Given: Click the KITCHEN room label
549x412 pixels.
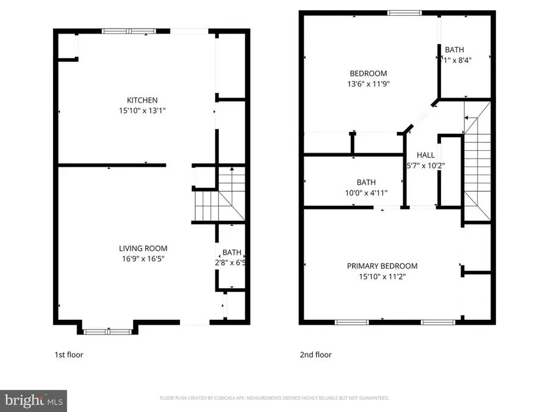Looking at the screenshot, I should click(142, 100).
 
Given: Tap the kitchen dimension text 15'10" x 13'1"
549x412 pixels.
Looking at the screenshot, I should click(142, 110).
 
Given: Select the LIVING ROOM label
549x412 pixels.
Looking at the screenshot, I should click(143, 248).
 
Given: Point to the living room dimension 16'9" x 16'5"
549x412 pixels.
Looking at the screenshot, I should click(143, 258).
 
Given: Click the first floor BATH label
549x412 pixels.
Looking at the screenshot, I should click(232, 252).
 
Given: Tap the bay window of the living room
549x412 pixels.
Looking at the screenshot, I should click(107, 331).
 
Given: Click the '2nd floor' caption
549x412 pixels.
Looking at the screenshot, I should click(315, 355).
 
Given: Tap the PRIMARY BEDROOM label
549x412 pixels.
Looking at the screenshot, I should click(382, 266).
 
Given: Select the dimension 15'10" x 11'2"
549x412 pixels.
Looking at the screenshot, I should click(382, 276).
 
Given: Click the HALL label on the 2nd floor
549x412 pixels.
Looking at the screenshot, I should click(425, 155).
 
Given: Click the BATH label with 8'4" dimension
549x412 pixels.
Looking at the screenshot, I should click(454, 50).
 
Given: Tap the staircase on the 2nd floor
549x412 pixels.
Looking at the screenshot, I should click(477, 165).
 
